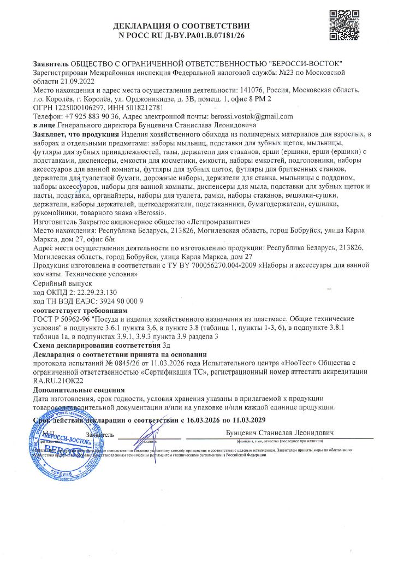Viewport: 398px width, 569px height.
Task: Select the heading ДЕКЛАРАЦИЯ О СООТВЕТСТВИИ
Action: click(x=181, y=26)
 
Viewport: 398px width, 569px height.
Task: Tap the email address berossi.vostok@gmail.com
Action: click(x=253, y=116)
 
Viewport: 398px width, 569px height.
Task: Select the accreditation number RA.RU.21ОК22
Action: click(x=58, y=380)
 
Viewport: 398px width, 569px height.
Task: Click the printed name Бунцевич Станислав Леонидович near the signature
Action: click(x=280, y=433)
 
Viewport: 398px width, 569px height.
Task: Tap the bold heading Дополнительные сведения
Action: click(x=79, y=390)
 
